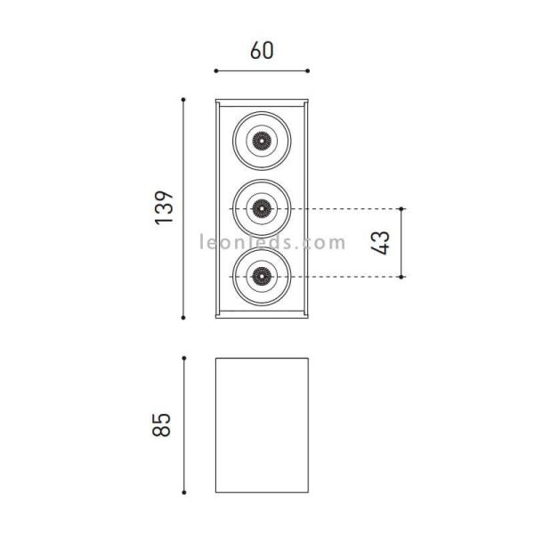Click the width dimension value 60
click(x=262, y=51)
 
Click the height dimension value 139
click(x=165, y=207)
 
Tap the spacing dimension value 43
click(x=381, y=243)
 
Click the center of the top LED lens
click(x=261, y=140)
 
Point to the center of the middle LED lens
click(x=261, y=208)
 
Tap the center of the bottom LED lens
click(x=261, y=277)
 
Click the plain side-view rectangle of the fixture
click(x=262, y=425)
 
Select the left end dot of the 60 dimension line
click(x=214, y=71)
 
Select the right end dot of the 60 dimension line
click(x=309, y=71)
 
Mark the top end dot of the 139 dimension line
click(x=183, y=99)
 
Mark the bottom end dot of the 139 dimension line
click(x=183, y=317)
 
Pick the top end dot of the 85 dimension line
click(x=183, y=359)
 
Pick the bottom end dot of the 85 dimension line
click(x=183, y=492)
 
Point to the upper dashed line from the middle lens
click(x=347, y=208)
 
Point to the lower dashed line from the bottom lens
click(x=347, y=277)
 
